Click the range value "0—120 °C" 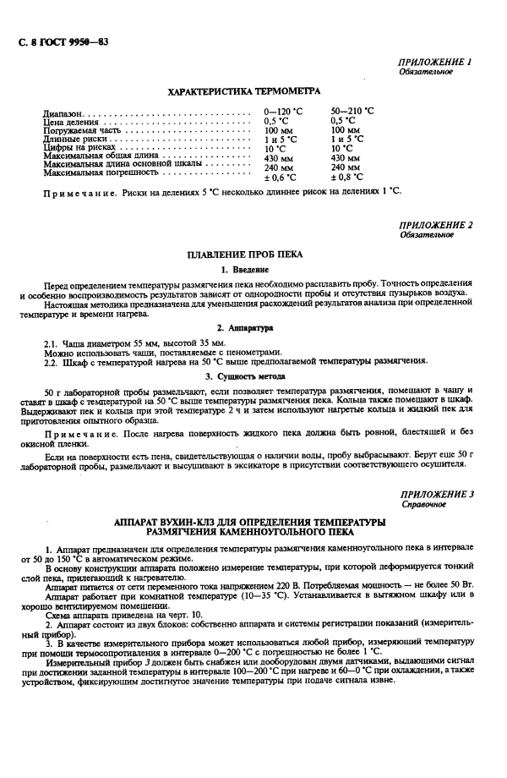283,112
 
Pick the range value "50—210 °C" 352,112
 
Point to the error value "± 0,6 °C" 280,178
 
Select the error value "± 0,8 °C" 346,178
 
